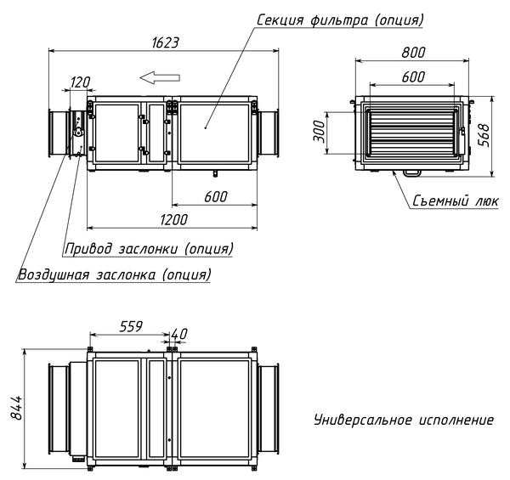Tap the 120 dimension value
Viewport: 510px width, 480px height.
click(x=80, y=82)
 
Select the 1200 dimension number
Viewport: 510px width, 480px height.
click(x=173, y=218)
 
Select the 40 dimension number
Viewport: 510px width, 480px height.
click(x=179, y=332)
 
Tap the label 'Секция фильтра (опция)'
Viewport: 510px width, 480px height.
click(x=341, y=19)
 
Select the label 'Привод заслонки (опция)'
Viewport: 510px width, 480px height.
click(x=149, y=249)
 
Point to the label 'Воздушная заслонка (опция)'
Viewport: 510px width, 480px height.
click(x=114, y=275)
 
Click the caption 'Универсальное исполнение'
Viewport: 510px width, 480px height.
click(x=403, y=420)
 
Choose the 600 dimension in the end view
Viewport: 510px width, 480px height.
click(x=413, y=76)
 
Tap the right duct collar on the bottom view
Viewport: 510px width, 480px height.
click(x=268, y=410)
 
